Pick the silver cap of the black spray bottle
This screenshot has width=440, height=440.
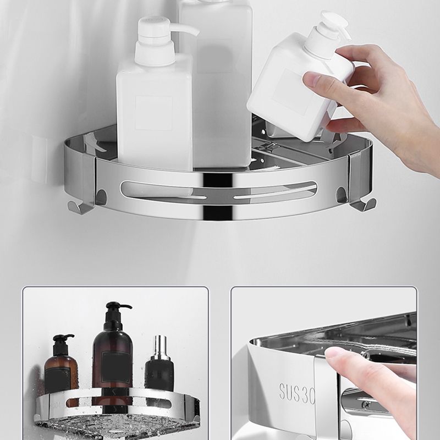160,346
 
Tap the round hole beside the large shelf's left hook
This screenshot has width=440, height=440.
101,195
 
